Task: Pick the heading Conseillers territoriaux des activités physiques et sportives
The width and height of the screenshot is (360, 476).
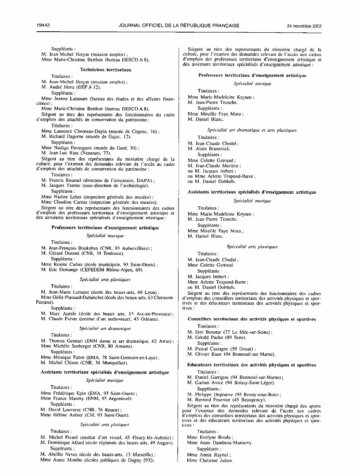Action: (x=252, y=319)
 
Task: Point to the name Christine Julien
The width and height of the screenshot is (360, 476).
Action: (x=209, y=461)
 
